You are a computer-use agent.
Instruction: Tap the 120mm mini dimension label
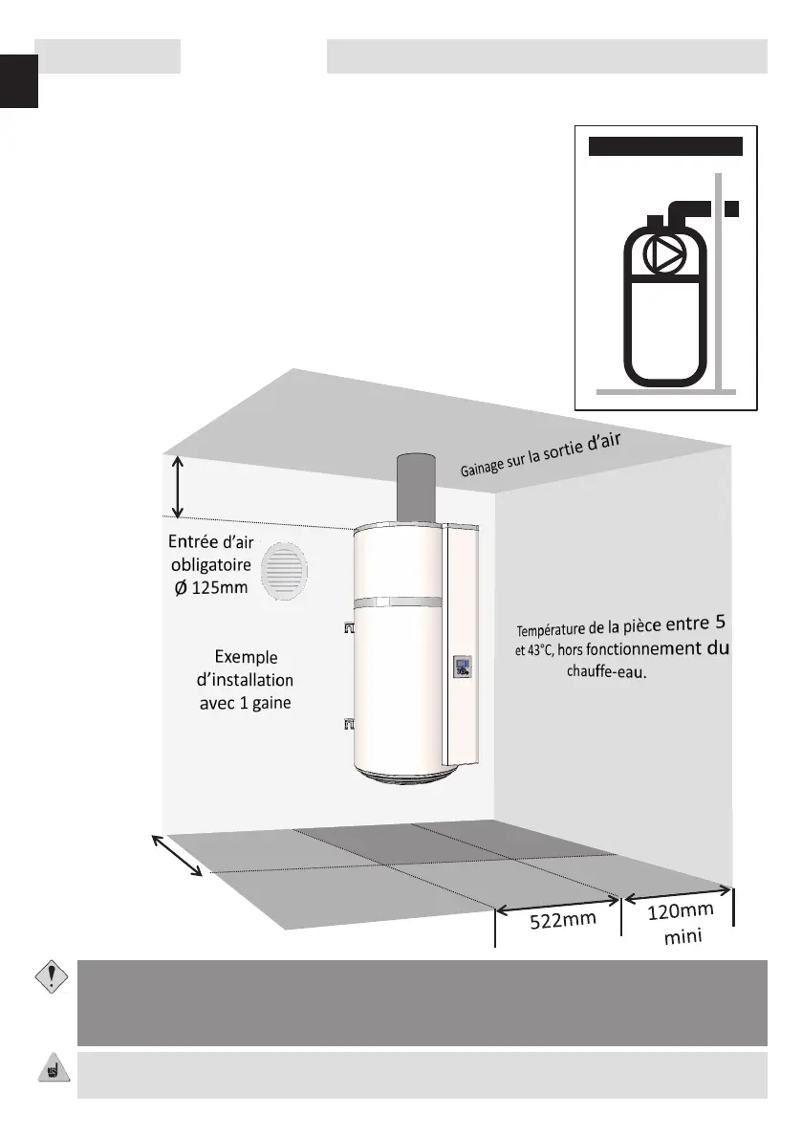tap(681, 923)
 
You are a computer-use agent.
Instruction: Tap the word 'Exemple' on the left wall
tap(246, 657)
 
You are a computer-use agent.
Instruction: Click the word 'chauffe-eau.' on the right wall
tap(607, 672)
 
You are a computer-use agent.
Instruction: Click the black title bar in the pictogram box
tap(665, 146)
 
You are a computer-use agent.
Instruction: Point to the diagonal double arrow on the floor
tap(178, 854)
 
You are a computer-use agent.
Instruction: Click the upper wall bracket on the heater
tap(347, 627)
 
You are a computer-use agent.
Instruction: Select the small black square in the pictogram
tap(731, 208)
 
